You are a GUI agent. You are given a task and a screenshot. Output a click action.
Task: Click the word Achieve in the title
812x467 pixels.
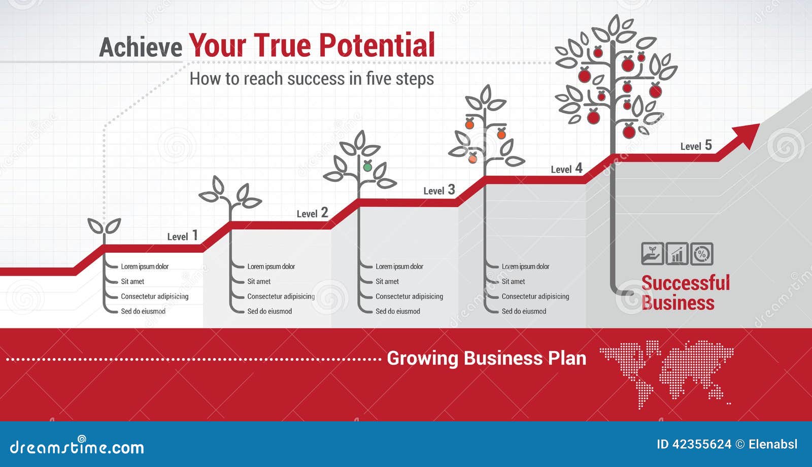click(x=141, y=48)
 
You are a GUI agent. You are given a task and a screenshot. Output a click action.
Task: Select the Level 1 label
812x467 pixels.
click(x=183, y=236)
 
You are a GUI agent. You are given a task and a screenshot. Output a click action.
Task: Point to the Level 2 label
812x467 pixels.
click(x=313, y=213)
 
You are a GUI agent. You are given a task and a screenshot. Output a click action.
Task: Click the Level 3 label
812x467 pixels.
click(x=439, y=190)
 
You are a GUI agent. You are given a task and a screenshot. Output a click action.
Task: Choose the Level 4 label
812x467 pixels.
click(x=566, y=168)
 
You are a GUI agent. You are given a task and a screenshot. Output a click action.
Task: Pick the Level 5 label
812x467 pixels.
click(x=696, y=146)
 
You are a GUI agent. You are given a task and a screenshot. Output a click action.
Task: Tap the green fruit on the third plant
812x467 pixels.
click(x=367, y=166)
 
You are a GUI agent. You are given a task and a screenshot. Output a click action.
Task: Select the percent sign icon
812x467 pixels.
click(x=702, y=254)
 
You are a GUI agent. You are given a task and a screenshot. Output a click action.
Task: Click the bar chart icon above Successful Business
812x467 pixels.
click(x=677, y=254)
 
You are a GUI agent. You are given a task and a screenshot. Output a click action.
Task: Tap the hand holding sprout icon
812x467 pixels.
click(x=653, y=254)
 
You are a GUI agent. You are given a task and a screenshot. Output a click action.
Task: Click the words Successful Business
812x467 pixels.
click(x=686, y=293)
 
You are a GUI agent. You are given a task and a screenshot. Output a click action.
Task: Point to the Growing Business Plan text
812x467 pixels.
click(x=487, y=358)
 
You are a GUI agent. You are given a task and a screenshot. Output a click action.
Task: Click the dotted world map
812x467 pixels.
click(x=666, y=374)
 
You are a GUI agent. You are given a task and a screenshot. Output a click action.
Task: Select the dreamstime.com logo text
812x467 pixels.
click(x=77, y=447)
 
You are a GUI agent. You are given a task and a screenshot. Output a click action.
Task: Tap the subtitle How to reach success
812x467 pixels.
click(x=312, y=79)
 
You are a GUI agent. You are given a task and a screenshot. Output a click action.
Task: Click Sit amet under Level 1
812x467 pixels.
click(x=132, y=281)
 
